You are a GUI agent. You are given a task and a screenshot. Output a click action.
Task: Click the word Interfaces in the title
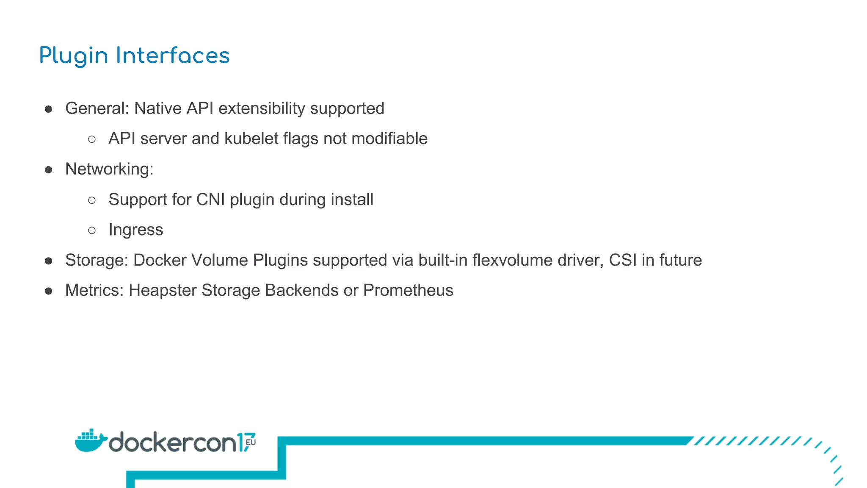(x=173, y=55)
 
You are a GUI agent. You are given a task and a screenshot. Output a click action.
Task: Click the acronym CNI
(x=210, y=200)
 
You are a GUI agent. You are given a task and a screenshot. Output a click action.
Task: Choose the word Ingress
(x=135, y=230)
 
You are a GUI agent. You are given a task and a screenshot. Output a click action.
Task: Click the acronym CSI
(x=622, y=260)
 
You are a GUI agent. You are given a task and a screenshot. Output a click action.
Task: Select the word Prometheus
(x=408, y=291)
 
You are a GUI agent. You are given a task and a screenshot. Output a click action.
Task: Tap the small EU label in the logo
(x=251, y=442)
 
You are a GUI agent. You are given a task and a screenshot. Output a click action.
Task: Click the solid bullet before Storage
(x=49, y=261)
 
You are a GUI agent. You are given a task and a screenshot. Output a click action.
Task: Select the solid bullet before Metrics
(x=49, y=291)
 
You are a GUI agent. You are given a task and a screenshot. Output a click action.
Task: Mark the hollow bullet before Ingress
(x=92, y=230)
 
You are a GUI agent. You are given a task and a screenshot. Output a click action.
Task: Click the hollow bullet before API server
(x=92, y=139)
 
